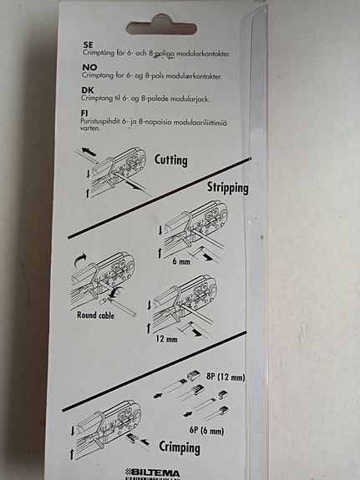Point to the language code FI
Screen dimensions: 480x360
coord(85,111)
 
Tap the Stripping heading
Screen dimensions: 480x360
coord(227,188)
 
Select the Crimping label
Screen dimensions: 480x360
coord(180,448)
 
